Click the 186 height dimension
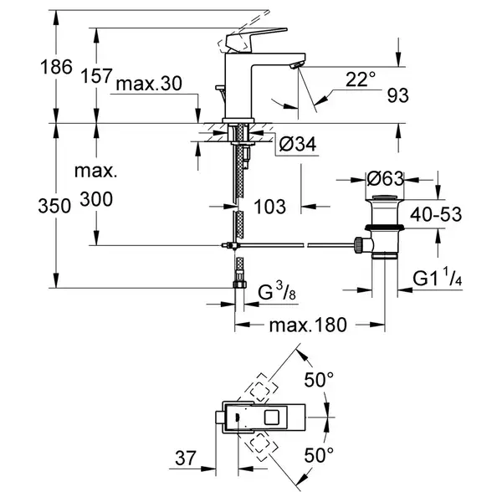[x=56, y=67]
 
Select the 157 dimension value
[x=96, y=76]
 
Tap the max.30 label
[x=149, y=83]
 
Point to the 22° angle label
[x=360, y=79]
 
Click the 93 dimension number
[x=398, y=95]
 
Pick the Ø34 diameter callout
[x=298, y=144]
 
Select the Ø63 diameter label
[x=385, y=179]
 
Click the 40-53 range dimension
[x=436, y=214]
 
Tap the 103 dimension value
[x=269, y=207]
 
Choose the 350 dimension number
[x=54, y=206]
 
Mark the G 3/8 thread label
[x=277, y=291]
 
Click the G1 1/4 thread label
[x=437, y=277]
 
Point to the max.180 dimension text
[x=308, y=325]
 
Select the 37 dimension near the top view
[x=186, y=458]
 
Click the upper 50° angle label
[x=319, y=380]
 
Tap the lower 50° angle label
[x=319, y=455]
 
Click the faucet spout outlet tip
[x=295, y=66]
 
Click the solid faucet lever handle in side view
[x=253, y=40]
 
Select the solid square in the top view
[x=273, y=417]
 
